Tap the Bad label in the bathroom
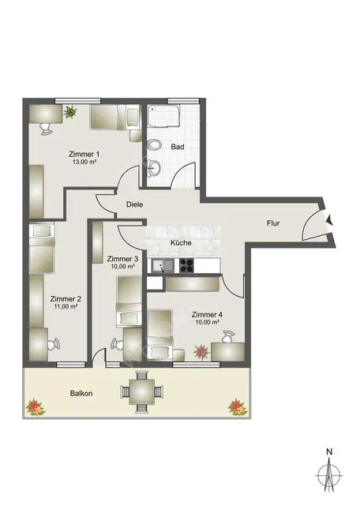[178, 148]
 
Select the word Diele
[135, 204]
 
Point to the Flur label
[272, 223]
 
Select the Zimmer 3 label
[122, 258]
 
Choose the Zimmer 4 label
[208, 314]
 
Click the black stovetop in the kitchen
[187, 265]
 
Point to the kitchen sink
[161, 266]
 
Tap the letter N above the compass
[328, 451]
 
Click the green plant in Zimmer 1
[71, 111]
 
